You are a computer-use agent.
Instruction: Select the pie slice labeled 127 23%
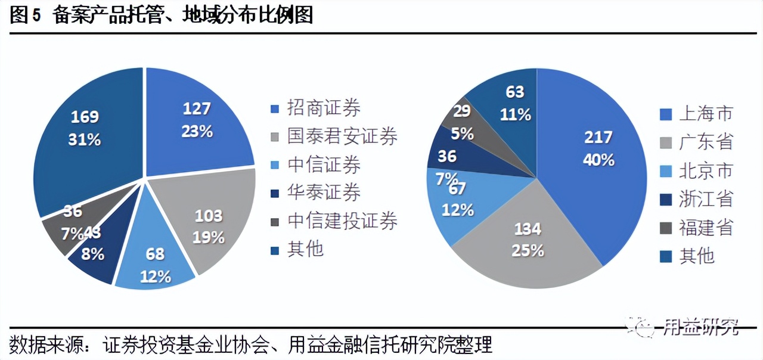[197, 119]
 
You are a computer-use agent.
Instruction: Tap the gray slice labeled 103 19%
[209, 226]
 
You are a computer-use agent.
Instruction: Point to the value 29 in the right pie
[461, 111]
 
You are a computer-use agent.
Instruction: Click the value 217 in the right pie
[598, 137]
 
